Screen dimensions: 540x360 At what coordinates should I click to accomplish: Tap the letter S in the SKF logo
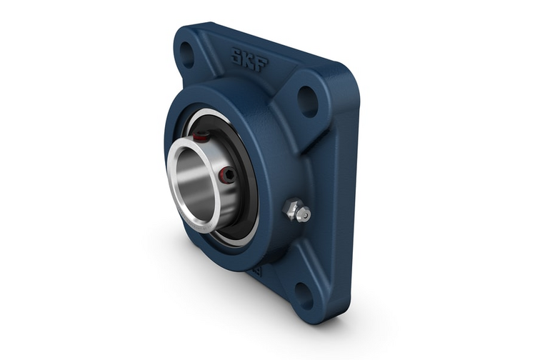pos(237,54)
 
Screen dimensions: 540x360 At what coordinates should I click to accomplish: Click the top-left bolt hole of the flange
pos(186,54)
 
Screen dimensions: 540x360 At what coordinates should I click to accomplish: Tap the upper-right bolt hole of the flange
pos(308,101)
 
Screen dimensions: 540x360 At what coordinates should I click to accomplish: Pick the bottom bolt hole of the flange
pos(304,296)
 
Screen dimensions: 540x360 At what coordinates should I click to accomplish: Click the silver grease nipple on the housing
pos(296,210)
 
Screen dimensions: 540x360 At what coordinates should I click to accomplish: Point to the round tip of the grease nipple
pos(304,214)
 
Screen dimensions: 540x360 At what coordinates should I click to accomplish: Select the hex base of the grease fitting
pos(289,208)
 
